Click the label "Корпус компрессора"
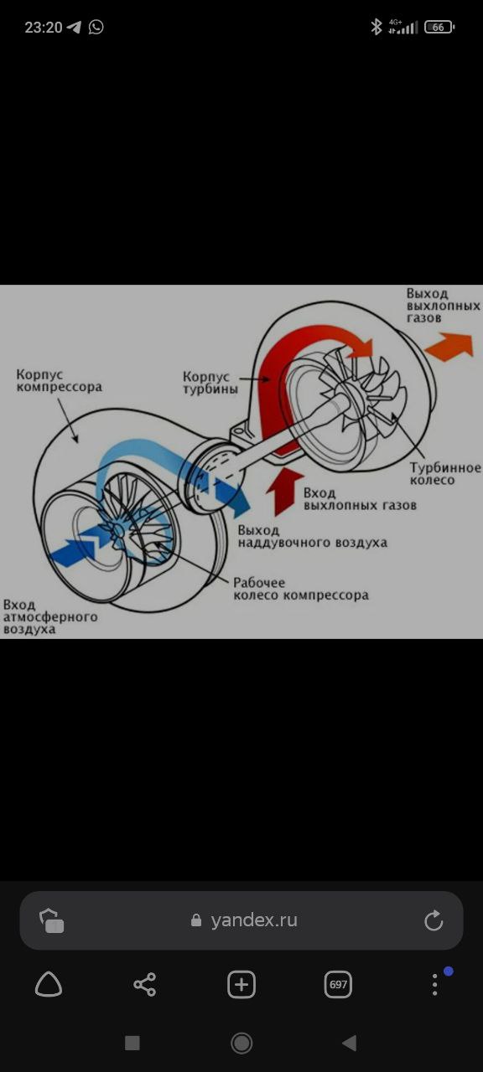pos(59,380)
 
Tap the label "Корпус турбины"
pos(210,383)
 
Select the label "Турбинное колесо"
pos(445,474)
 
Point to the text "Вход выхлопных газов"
pos(360,499)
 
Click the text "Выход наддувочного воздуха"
pos(313,537)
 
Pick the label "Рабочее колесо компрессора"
pos(301,589)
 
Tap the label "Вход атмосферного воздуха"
pos(50,617)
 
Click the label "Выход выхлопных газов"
pos(444,306)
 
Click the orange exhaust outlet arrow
pos(449,346)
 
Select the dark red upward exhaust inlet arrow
pos(284,492)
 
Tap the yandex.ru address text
pos(254,920)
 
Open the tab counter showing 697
pos(338,984)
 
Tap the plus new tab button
pos(241,984)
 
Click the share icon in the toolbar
pos(145,984)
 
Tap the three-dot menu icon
pos(434,984)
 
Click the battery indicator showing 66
pos(439,28)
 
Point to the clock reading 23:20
pos(44,28)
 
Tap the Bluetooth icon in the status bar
pos(377,27)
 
